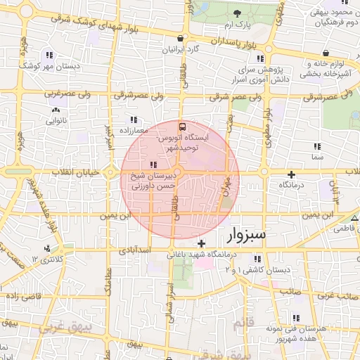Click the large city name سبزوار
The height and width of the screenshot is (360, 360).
243,235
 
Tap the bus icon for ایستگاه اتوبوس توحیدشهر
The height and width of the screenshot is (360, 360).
183,127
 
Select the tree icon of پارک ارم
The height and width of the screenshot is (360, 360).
237,14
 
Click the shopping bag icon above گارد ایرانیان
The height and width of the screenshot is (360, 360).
181,39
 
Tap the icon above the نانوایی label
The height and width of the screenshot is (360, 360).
56,110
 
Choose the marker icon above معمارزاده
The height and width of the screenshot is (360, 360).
134,120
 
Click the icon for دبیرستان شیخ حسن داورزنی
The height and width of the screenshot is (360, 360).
154,165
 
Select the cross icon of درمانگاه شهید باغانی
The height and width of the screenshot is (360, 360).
202,243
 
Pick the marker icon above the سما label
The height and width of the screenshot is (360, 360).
317,146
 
